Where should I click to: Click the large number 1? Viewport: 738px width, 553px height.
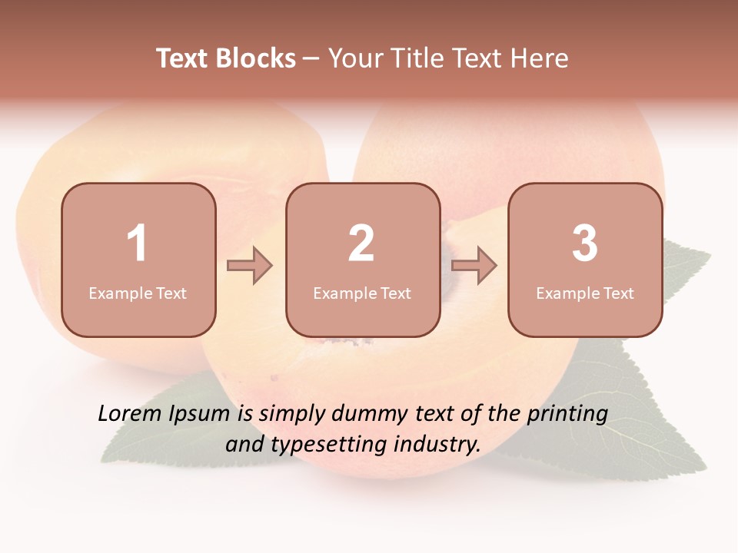coord(138,243)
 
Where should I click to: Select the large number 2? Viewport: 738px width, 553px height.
coord(361,243)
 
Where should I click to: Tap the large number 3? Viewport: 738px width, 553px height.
coord(585,243)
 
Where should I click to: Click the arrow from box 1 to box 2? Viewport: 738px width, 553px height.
coord(251,266)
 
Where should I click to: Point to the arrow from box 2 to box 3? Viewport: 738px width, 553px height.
coord(474,266)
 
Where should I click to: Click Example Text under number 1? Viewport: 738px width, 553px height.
coord(138,293)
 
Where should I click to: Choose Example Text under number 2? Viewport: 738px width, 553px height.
coord(362,293)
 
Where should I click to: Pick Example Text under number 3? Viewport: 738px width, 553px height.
coord(585,293)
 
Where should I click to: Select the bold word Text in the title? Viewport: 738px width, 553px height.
coord(182,58)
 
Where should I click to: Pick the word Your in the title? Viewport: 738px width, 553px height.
coord(355,58)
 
